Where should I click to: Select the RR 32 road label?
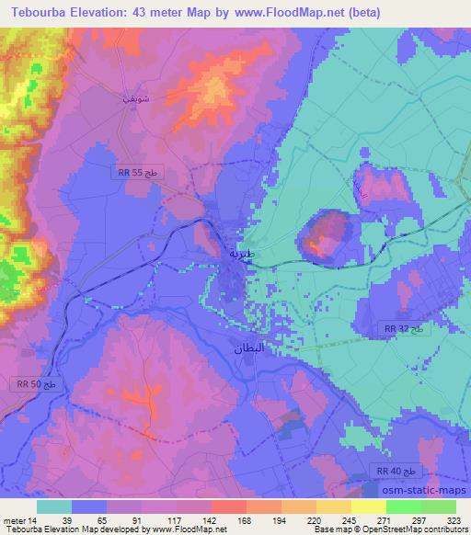point(402,327)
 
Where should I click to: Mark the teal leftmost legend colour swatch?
point(54,507)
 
